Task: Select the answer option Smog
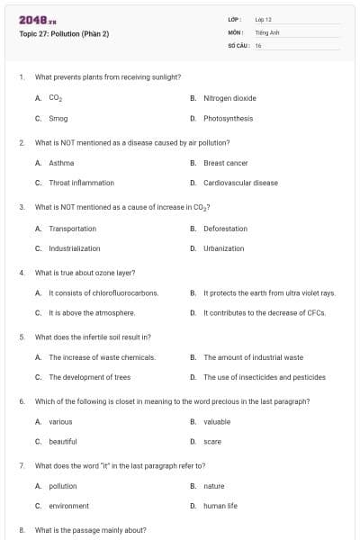tap(58, 118)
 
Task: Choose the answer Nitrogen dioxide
tap(229, 97)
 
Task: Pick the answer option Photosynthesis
tap(228, 118)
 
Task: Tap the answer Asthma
tap(61, 163)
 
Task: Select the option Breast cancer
tap(225, 163)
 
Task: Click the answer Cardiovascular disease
tap(240, 183)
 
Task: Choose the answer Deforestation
tap(225, 229)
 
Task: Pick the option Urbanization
tap(223, 248)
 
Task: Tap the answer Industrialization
tap(74, 248)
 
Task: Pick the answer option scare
tap(212, 441)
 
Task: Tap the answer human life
tap(220, 506)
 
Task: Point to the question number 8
tap(21, 530)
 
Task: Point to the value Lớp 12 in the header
tap(263, 19)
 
